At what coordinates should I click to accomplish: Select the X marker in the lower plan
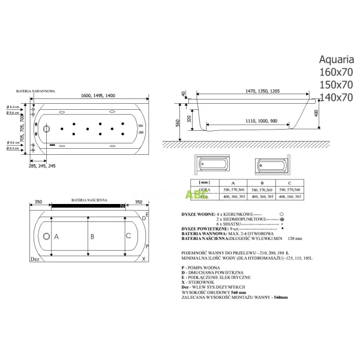coord(143,259)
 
